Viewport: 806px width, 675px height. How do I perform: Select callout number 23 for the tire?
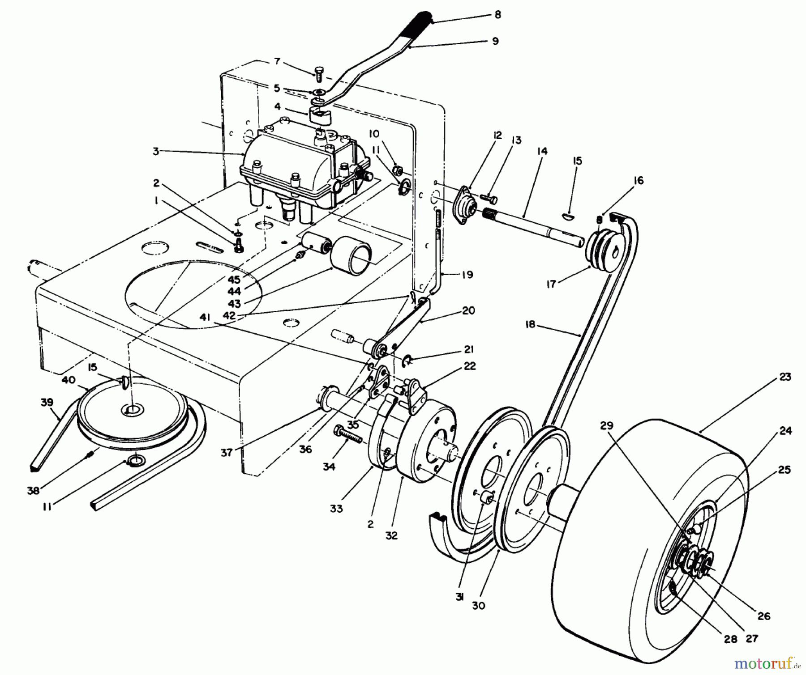[x=785, y=377]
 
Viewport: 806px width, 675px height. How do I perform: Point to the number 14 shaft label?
[x=542, y=152]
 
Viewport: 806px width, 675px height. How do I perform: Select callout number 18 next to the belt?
[x=530, y=324]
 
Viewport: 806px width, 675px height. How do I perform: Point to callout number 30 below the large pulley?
[x=479, y=605]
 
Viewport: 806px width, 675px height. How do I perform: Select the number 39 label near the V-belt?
[x=47, y=403]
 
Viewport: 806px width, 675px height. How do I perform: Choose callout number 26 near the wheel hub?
[x=764, y=616]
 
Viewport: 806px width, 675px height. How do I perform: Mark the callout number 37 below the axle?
[x=227, y=452]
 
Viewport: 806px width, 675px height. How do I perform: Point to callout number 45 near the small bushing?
[x=234, y=280]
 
